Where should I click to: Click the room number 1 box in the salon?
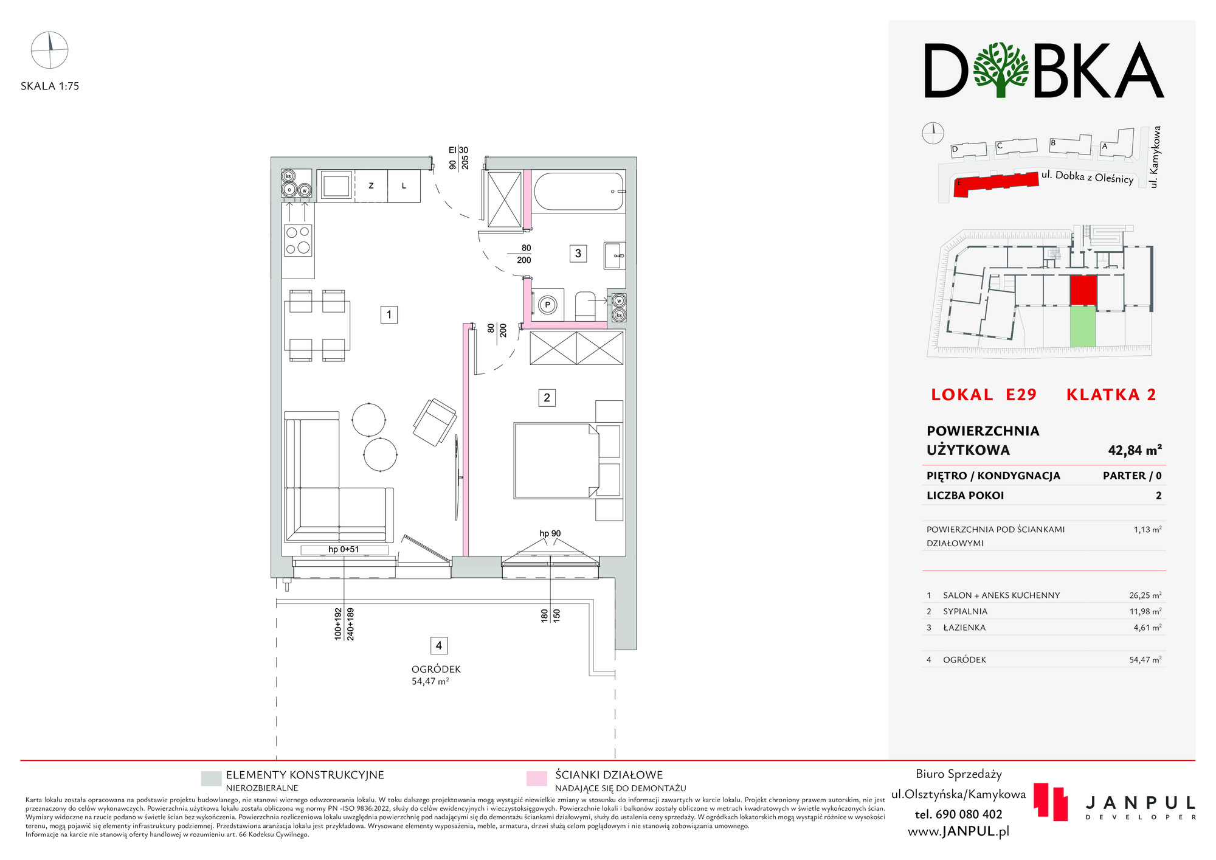(x=389, y=314)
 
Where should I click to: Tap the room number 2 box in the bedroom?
(x=547, y=398)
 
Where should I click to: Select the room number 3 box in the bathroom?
(x=578, y=253)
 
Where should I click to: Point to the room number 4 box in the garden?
(x=439, y=645)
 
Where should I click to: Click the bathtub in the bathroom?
(x=579, y=192)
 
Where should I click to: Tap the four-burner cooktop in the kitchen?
(x=298, y=240)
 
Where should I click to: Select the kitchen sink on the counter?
(x=336, y=186)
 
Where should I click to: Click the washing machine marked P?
(x=548, y=305)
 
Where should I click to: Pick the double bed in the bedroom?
(x=556, y=460)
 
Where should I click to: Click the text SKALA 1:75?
(x=50, y=86)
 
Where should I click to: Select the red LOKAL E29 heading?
(x=984, y=395)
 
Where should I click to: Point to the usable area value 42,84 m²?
(x=1135, y=450)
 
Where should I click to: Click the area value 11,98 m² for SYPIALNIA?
(x=1145, y=611)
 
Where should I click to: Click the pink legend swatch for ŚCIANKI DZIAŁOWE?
(x=537, y=779)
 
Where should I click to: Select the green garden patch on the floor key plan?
(x=1083, y=327)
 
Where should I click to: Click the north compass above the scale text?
(x=49, y=50)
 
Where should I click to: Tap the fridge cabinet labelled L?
(x=404, y=186)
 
